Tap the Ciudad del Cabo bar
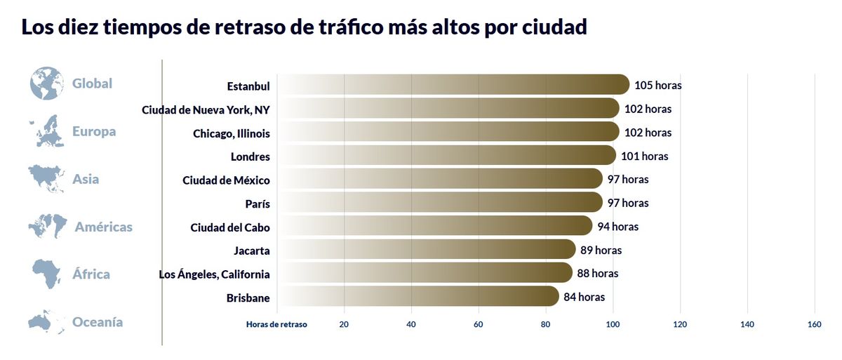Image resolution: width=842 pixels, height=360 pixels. pyautogui.click(x=435, y=227)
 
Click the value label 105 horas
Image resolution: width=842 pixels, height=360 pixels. pyautogui.click(x=657, y=86)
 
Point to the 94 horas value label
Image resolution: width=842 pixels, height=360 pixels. pyautogui.click(x=617, y=227)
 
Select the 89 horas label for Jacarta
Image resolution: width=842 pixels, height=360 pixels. pyautogui.click(x=601, y=251)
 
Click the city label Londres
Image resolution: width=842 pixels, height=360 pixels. pyautogui.click(x=250, y=156)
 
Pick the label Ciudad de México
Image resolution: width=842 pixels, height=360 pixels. pyautogui.click(x=226, y=180)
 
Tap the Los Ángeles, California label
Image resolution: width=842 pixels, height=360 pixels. pyautogui.click(x=214, y=274)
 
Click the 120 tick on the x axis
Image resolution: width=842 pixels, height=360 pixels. pyautogui.click(x=680, y=324)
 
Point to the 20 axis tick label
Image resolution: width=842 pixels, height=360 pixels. pyautogui.click(x=344, y=324)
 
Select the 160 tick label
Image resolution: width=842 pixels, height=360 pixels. pyautogui.click(x=814, y=324)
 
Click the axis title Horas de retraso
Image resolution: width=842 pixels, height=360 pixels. pyautogui.click(x=276, y=324)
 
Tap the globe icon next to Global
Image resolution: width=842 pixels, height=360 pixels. pyautogui.click(x=47, y=84)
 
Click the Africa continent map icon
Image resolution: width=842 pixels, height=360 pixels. pyautogui.click(x=47, y=274)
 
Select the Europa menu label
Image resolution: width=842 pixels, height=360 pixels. pyautogui.click(x=94, y=131)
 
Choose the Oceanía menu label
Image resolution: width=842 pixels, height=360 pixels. pyautogui.click(x=98, y=322)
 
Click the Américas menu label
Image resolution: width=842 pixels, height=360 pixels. pyautogui.click(x=103, y=227)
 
